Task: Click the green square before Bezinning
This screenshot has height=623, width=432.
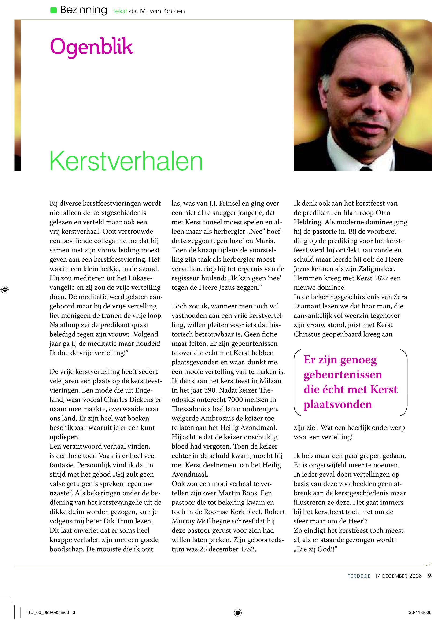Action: click(54, 11)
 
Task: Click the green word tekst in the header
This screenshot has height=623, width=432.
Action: click(120, 11)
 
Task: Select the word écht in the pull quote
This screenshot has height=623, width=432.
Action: click(335, 389)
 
